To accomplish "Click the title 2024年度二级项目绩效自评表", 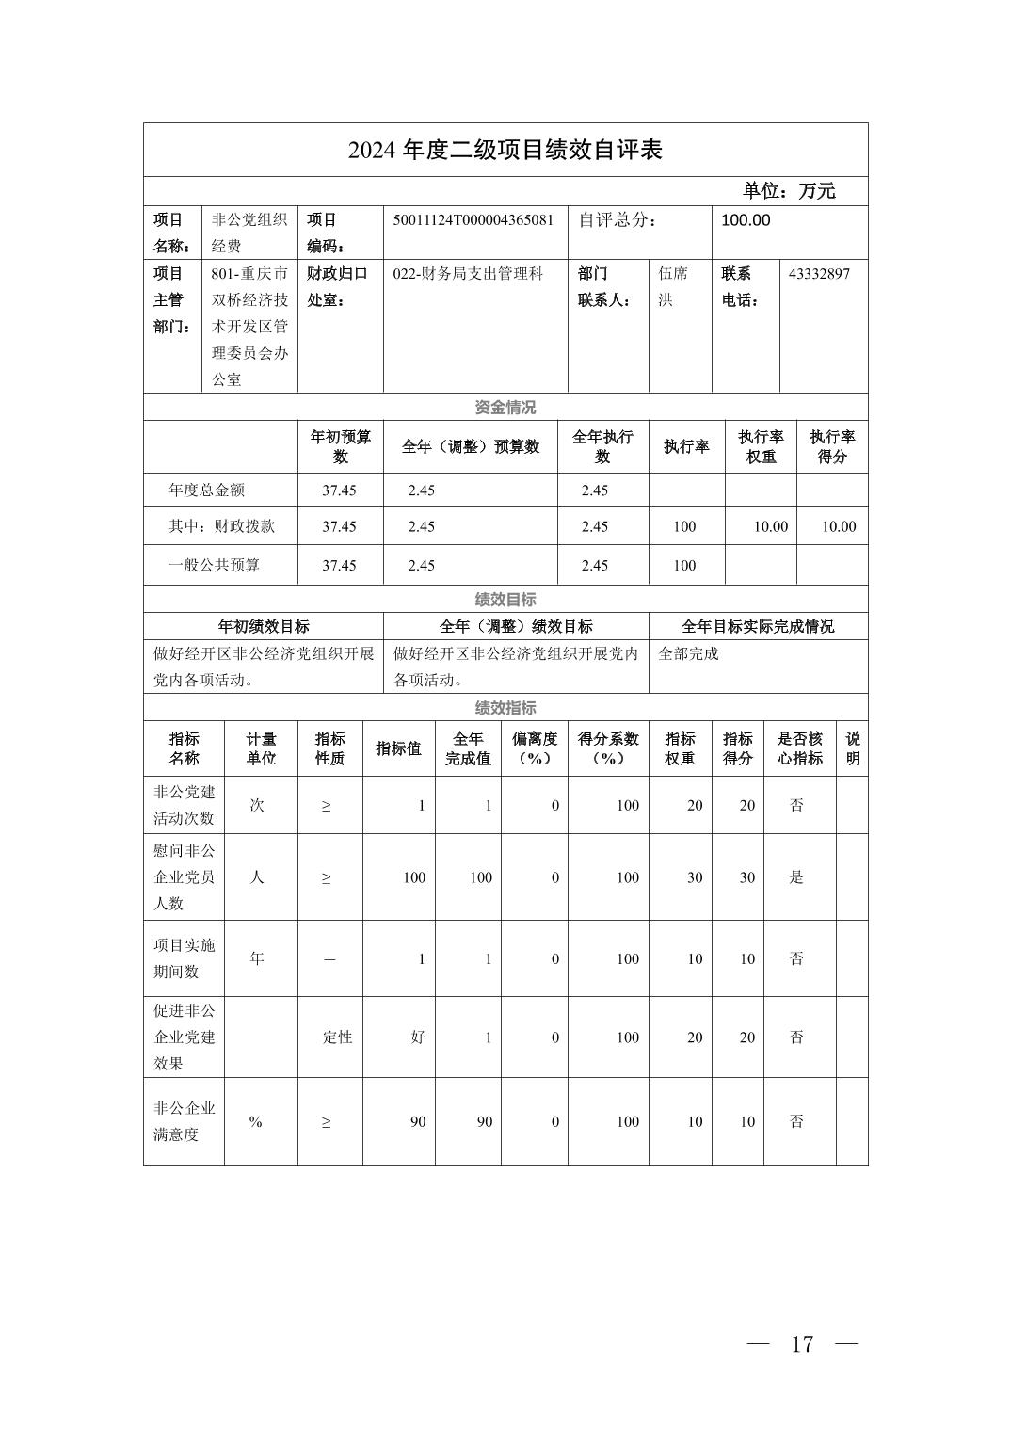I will [505, 150].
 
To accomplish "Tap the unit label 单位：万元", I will [788, 191].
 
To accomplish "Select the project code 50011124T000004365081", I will [473, 220].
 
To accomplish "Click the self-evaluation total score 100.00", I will [746, 220].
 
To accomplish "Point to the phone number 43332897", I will [819, 274].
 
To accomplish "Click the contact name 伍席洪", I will [673, 286].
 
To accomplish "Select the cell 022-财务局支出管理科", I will [468, 274].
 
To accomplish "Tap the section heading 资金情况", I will [505, 408].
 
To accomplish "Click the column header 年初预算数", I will [341, 446].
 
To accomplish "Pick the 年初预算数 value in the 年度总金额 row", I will [339, 490].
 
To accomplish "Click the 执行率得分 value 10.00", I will [839, 527].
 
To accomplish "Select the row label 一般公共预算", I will [215, 566].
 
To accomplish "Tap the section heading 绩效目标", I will [505, 600].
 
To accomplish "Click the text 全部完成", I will [688, 653].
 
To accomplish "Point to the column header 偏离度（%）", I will [534, 748].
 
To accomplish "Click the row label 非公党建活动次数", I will [185, 805].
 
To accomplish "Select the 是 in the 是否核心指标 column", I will [796, 877].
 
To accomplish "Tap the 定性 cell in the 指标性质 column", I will [338, 1037].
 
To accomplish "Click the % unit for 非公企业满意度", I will [255, 1122].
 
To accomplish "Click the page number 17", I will [802, 1344].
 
